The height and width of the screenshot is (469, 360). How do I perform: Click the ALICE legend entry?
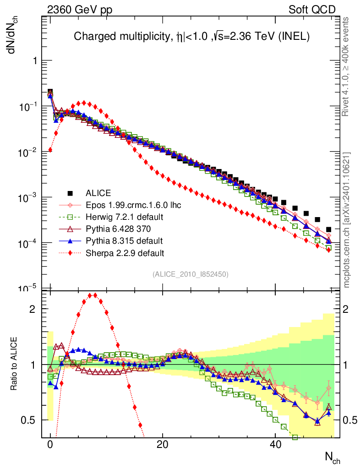tap(98, 193)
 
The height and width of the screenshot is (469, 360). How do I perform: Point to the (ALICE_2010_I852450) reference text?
tap(191, 274)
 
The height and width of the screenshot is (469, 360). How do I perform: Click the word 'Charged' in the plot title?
tap(91, 37)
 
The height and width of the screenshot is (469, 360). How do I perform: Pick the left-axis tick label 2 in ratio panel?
tap(33, 309)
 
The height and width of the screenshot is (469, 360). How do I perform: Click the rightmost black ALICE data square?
tap(328, 229)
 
